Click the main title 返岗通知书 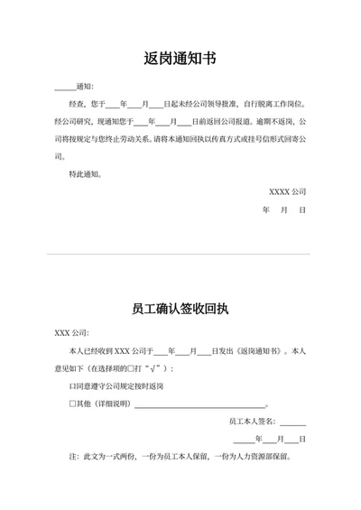click(180, 60)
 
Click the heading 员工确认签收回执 click(180, 309)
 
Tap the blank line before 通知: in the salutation click(65, 88)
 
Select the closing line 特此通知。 click(86, 173)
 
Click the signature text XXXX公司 click(288, 191)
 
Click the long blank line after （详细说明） click(199, 405)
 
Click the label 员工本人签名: click(253, 422)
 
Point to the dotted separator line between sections click(180, 254)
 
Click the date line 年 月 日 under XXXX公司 click(284, 209)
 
